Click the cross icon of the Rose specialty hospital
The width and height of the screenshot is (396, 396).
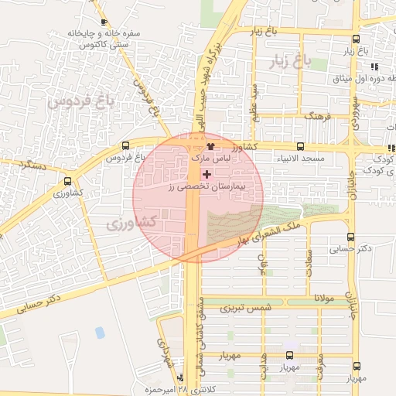click(x=207, y=174)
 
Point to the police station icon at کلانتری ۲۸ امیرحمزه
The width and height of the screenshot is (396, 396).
click(x=179, y=378)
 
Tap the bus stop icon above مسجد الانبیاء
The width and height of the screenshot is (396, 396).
click(x=300, y=146)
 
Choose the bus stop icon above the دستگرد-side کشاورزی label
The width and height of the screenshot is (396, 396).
click(x=67, y=183)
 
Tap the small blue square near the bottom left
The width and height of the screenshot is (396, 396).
click(x=100, y=333)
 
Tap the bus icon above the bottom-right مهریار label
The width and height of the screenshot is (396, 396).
click(x=356, y=367)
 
